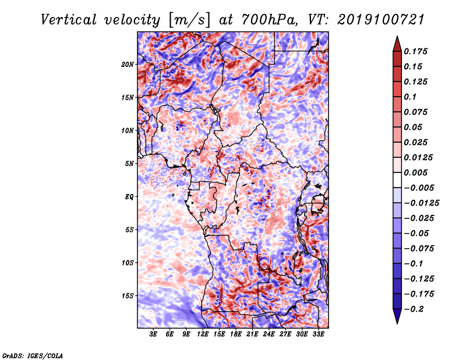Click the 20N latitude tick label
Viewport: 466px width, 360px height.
point(128,64)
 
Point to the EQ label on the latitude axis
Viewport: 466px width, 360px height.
point(129,196)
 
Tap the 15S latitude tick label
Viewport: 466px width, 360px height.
point(128,296)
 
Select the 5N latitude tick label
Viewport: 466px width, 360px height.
point(129,164)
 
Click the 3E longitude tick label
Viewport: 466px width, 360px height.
point(154,334)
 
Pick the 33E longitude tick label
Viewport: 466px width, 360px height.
point(319,334)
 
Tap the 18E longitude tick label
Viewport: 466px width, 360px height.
point(236,334)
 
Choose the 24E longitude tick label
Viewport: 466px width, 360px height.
point(269,334)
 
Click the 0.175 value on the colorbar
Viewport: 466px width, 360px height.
point(418,51)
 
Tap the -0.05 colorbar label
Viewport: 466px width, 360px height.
point(419,234)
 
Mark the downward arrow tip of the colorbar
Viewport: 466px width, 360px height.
point(396,322)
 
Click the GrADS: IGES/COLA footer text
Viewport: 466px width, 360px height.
point(32,355)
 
